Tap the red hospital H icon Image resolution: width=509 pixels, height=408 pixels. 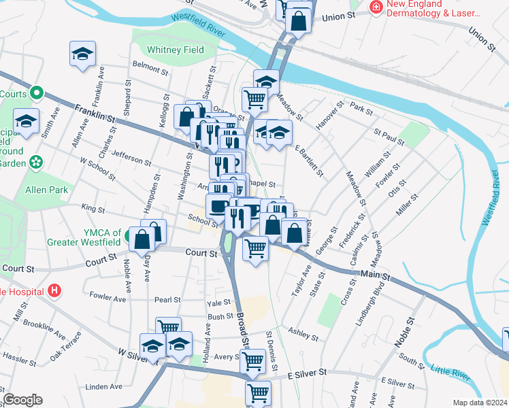[x=55, y=291]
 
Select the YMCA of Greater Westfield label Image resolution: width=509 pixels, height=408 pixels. [x=84, y=237]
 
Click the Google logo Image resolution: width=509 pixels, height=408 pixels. [x=22, y=400]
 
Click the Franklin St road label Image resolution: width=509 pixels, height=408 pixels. [x=95, y=112]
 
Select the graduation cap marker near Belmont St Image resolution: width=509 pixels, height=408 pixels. [x=82, y=54]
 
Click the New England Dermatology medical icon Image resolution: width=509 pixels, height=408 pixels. [x=374, y=7]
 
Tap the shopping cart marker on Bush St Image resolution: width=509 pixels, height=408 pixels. [x=168, y=328]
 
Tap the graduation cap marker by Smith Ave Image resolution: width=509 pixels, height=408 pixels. [x=27, y=122]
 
